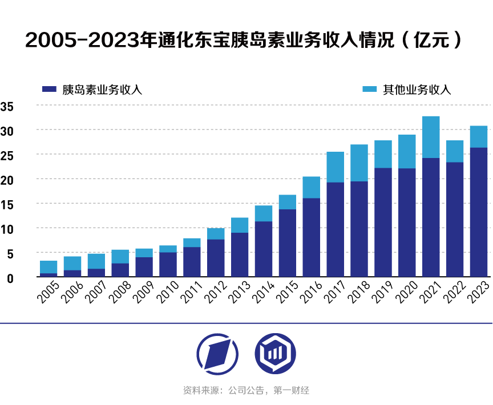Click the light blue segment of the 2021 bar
(x=431, y=137)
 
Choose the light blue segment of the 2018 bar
(x=359, y=163)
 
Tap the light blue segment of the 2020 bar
(x=407, y=151)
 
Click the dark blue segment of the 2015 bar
(x=287, y=243)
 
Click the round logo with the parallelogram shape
(x=217, y=354)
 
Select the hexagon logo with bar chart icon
(x=275, y=354)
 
